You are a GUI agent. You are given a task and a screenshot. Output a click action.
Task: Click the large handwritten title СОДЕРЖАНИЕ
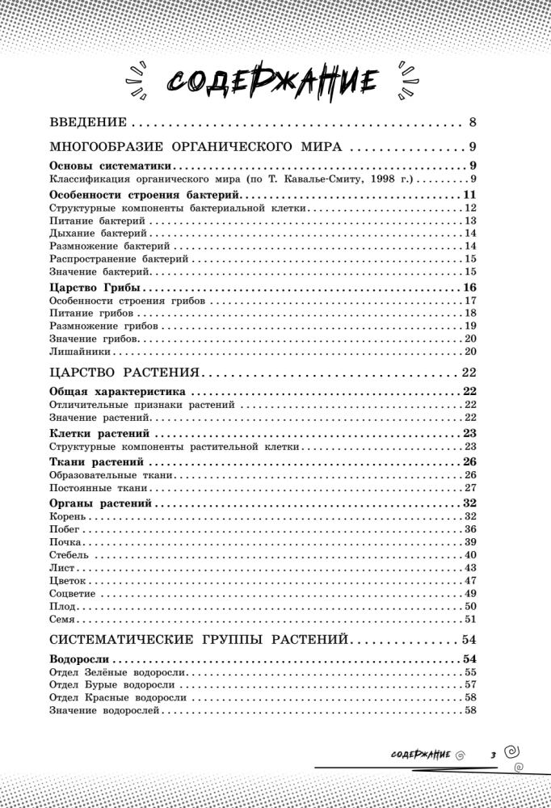point(274,80)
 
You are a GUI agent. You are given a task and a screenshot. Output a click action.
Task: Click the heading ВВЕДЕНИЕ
point(88,124)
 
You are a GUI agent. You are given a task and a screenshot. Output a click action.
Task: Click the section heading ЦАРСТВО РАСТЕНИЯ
point(124,372)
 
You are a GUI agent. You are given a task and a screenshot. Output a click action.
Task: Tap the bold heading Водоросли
point(79,659)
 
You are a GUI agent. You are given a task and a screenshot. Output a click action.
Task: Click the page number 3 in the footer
point(492,755)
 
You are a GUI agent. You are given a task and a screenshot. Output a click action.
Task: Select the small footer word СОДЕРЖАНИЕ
point(419,754)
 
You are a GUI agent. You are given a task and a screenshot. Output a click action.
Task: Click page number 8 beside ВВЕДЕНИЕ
point(472,124)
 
